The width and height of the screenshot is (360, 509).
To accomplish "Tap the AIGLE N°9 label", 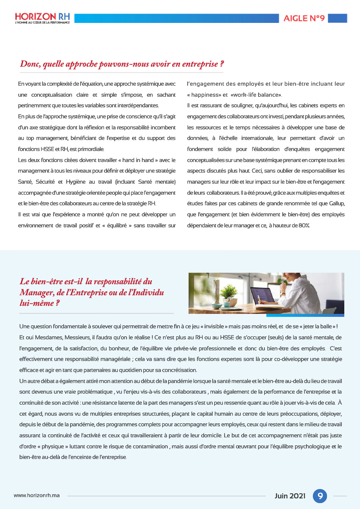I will (304, 18).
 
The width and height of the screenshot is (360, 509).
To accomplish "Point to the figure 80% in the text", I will (304, 226).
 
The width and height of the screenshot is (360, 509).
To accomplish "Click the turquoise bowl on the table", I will (217, 305).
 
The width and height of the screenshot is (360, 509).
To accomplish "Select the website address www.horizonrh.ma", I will (37, 496).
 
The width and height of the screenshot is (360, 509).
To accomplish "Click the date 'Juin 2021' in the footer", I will (290, 496).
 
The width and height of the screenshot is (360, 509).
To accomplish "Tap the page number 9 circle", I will (320, 496).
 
